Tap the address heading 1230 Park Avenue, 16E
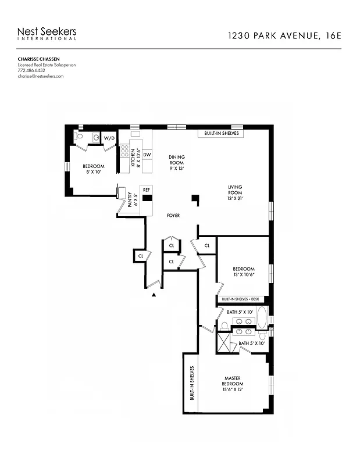click(284, 35)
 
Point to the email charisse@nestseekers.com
click(40, 76)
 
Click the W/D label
click(109, 138)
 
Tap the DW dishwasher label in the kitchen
click(147, 154)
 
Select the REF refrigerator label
click(147, 190)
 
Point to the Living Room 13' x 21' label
click(235, 192)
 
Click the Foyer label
click(173, 216)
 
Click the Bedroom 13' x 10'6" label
click(244, 271)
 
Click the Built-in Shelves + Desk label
click(243, 299)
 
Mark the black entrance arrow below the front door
click(154, 295)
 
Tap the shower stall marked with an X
click(224, 342)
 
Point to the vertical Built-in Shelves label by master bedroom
click(191, 384)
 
